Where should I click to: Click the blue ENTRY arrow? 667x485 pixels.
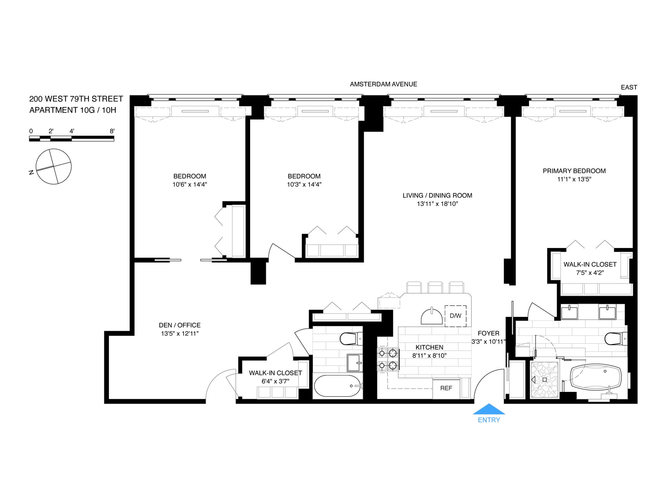[x=489, y=409]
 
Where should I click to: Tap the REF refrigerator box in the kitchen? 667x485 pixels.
[x=446, y=388]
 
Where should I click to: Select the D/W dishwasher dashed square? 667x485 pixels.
[x=455, y=316]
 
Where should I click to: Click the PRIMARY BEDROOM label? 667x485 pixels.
[x=574, y=171]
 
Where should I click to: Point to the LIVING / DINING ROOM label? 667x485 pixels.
[x=437, y=196]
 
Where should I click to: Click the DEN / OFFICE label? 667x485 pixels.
[x=180, y=325]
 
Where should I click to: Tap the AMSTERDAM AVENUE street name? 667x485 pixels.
[x=383, y=84]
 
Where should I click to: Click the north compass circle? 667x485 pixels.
[x=53, y=166]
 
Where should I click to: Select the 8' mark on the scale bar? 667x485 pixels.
[x=112, y=131]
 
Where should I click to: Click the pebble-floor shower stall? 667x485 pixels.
[x=544, y=380]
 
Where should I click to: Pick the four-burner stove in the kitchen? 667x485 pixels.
[x=388, y=359]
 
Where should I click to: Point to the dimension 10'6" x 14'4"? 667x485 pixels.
[x=190, y=185]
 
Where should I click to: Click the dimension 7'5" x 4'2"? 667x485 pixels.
[x=590, y=273]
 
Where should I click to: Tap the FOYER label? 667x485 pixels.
[x=488, y=333]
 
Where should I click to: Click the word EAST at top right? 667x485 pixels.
[x=629, y=88]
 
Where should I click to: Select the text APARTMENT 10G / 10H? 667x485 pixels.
[x=73, y=110]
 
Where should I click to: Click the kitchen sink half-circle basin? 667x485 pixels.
[x=432, y=317]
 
